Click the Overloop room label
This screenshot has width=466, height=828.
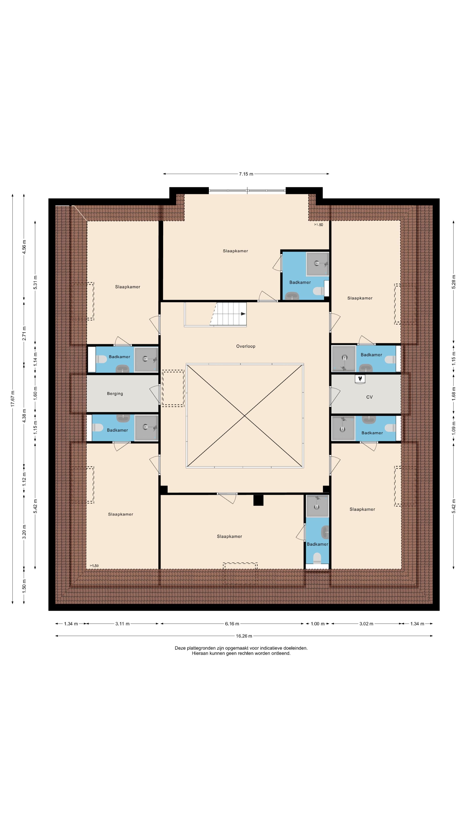(246, 346)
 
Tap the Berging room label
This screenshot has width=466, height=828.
(115, 394)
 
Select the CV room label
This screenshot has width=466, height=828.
(369, 397)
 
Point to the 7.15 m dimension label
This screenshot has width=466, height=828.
(246, 174)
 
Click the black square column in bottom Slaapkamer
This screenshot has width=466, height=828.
(258, 500)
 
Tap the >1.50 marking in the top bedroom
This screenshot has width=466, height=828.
(318, 225)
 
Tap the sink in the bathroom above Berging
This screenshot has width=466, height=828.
(122, 368)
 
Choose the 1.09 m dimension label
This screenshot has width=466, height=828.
(454, 428)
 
